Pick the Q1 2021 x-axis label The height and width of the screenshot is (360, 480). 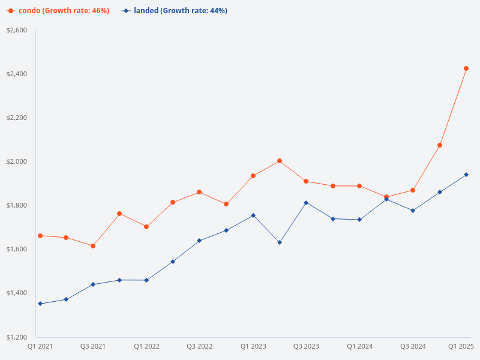40,346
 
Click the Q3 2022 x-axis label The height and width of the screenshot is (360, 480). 200,346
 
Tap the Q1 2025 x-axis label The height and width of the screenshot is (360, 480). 461,346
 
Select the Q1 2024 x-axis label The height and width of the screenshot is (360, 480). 360,346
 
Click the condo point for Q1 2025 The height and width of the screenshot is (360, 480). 466,68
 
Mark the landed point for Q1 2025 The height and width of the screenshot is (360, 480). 466,175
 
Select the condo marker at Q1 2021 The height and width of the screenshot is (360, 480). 40,236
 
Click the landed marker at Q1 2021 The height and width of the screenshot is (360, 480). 40,304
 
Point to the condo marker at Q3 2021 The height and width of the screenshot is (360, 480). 93,246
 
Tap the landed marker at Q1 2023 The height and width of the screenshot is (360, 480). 253,215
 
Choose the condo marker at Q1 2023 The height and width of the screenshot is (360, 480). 253,176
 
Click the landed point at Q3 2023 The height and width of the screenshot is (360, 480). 306,203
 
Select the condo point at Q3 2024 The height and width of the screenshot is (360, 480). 413,190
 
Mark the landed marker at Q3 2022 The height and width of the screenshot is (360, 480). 199,241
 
